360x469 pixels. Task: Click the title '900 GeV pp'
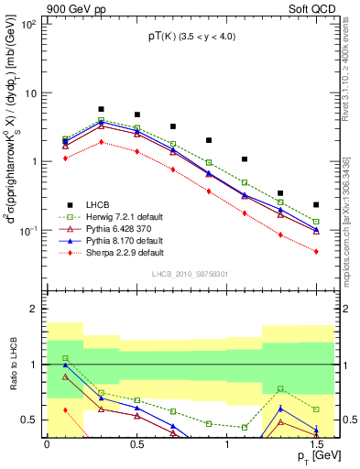point(32,6)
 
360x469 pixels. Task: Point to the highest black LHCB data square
point(101,109)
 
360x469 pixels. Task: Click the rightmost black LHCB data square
point(316,204)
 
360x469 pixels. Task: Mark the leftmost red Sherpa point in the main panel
point(65,158)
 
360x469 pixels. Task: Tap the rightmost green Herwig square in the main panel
point(316,222)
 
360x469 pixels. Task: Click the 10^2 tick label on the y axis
point(29,25)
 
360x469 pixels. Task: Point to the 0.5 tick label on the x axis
point(136,445)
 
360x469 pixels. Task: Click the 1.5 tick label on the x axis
point(315,445)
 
